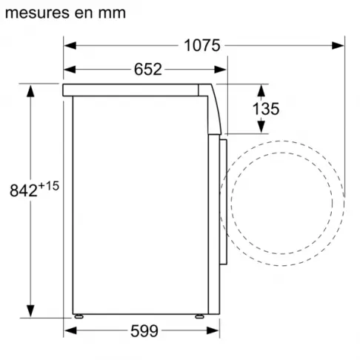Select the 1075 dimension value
click(x=202, y=46)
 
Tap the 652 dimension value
click(x=148, y=70)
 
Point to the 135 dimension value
click(x=265, y=109)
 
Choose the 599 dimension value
click(x=140, y=331)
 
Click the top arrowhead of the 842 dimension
click(x=30, y=90)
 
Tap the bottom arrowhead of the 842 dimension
click(x=30, y=309)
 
